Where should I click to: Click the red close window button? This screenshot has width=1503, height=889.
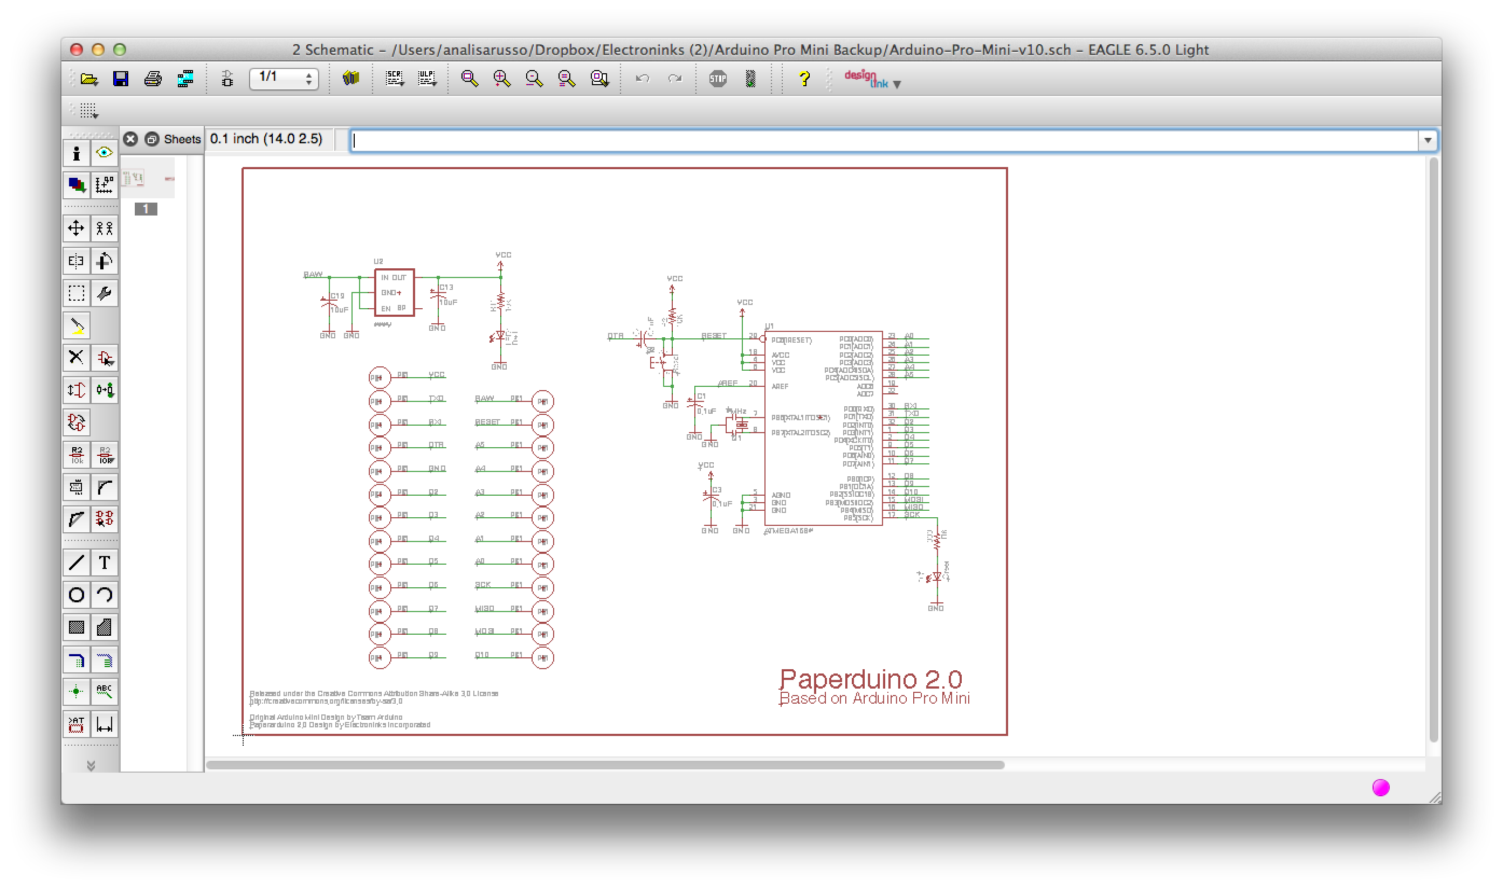pyautogui.click(x=76, y=50)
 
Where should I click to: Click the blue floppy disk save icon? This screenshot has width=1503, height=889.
pyautogui.click(x=120, y=79)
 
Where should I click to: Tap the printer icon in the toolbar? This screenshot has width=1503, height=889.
pyautogui.click(x=153, y=79)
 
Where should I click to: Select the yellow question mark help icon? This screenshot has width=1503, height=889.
pyautogui.click(x=804, y=79)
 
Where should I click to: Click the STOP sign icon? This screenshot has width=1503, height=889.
pyautogui.click(x=718, y=79)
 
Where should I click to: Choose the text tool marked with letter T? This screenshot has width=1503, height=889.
pyautogui.click(x=104, y=562)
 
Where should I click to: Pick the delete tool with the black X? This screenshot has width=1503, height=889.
pyautogui.click(x=76, y=358)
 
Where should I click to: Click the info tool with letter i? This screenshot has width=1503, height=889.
pyautogui.click(x=76, y=154)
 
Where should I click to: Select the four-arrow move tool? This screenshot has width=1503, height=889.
pyautogui.click(x=76, y=228)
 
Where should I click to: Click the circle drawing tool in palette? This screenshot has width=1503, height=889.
pyautogui.click(x=76, y=595)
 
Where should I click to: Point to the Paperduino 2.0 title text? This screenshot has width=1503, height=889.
pyautogui.click(x=870, y=679)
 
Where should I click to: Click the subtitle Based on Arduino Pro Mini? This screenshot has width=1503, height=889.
pyautogui.click(x=874, y=698)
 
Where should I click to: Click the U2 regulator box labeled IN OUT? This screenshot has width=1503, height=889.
pyautogui.click(x=394, y=293)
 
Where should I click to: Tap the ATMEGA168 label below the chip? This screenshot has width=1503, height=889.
pyautogui.click(x=789, y=531)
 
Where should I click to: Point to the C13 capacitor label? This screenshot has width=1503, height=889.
pyautogui.click(x=446, y=288)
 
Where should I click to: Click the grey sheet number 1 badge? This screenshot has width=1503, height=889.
pyautogui.click(x=146, y=209)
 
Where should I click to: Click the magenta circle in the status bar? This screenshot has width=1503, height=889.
pyautogui.click(x=1381, y=788)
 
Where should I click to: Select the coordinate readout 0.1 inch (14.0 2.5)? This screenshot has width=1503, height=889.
pyautogui.click(x=266, y=139)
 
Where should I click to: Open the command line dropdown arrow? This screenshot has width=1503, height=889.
pyautogui.click(x=1428, y=140)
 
